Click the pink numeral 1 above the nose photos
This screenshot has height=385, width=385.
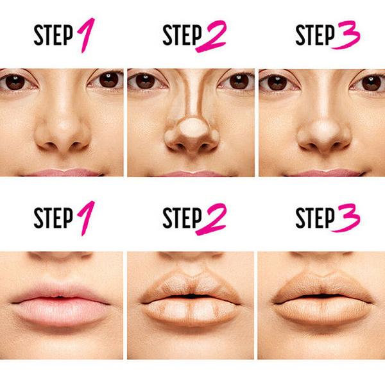coord(87,35)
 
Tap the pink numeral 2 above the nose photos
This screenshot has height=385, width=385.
coord(211,36)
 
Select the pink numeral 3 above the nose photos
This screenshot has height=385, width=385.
coord(346,35)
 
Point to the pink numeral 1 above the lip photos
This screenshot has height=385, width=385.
coord(87,218)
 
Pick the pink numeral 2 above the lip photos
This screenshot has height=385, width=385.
coord(211,219)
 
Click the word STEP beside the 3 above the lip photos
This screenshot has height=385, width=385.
coord(315,218)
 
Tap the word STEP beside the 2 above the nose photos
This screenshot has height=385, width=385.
coord(182,35)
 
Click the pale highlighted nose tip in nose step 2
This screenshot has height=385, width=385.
coord(193,128)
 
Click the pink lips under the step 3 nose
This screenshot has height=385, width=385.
coord(324,173)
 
